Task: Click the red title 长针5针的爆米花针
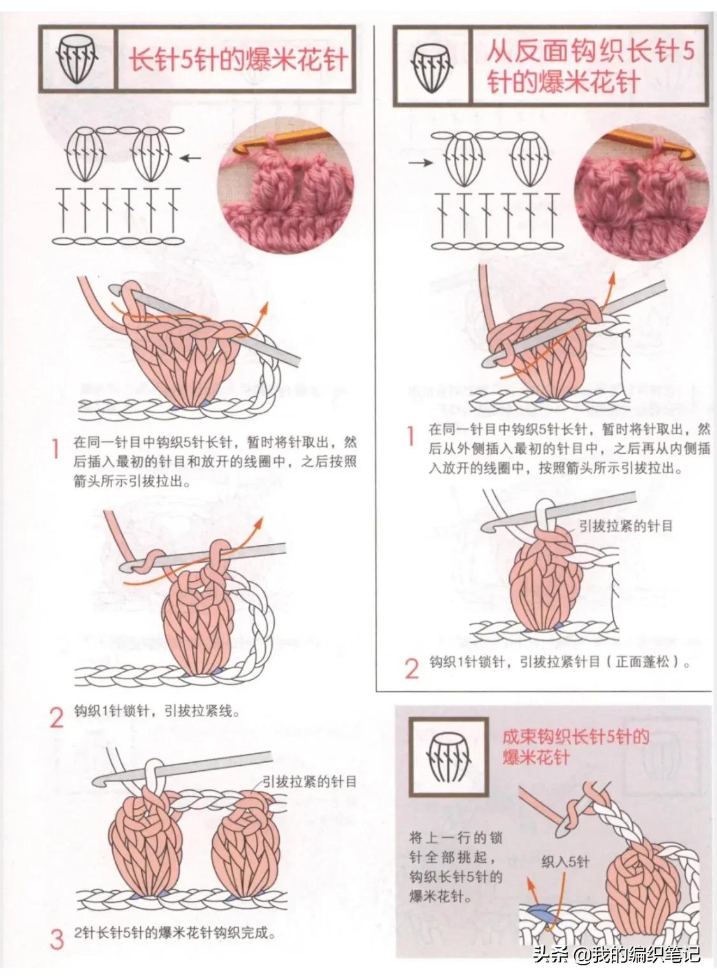(238, 61)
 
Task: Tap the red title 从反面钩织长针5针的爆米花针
(589, 66)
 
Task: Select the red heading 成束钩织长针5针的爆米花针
(576, 747)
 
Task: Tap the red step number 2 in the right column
(412, 668)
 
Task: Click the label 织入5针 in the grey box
(565, 863)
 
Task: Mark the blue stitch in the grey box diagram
(539, 914)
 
